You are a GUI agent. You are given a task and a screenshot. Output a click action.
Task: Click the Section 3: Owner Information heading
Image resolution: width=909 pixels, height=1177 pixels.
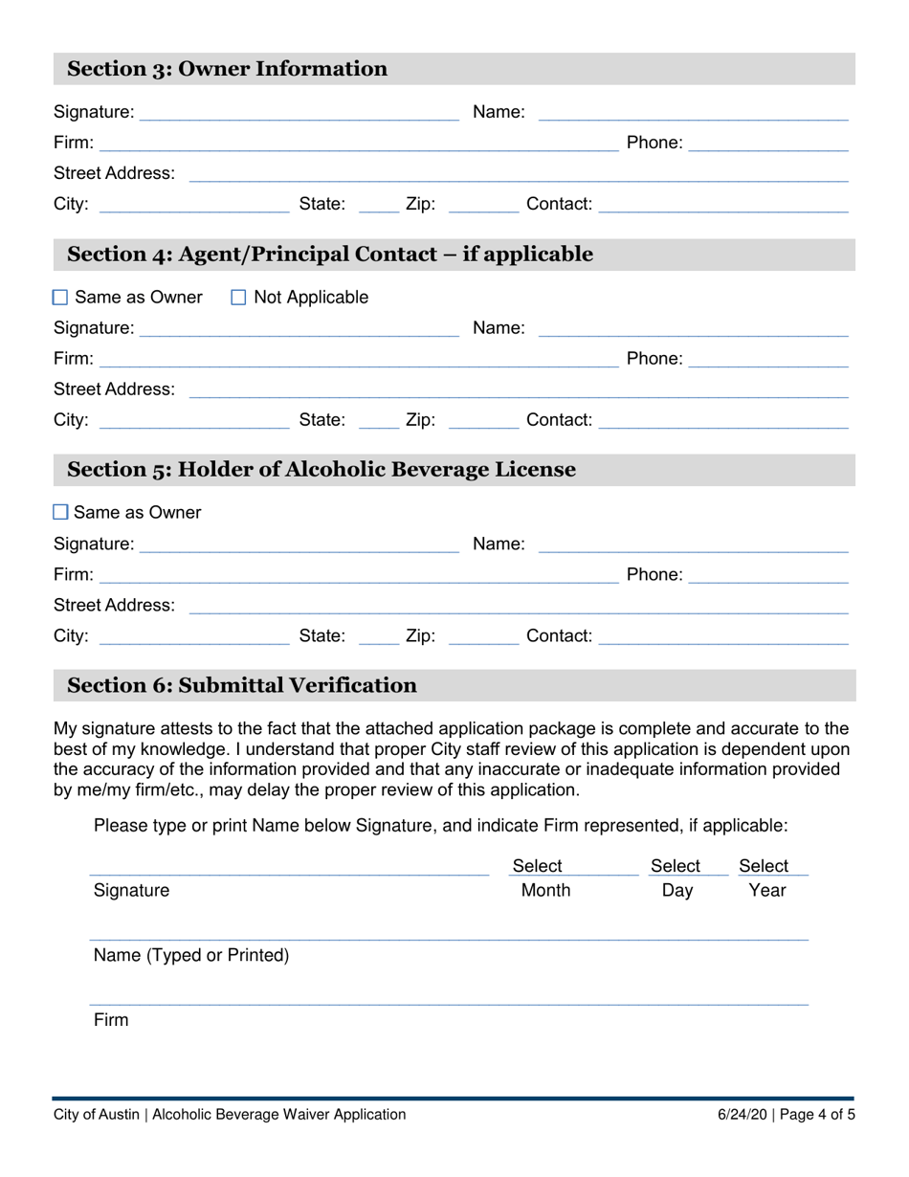coord(228,69)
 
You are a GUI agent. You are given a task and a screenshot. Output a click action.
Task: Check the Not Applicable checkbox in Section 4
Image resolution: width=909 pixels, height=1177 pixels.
coord(239,299)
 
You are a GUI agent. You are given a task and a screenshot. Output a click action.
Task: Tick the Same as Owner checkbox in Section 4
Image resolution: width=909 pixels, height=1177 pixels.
coord(60,299)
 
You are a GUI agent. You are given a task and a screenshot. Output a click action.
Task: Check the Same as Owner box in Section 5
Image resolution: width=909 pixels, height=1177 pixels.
coord(60,513)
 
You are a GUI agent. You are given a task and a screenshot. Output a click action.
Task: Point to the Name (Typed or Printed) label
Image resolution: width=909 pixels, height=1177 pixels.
coord(191,955)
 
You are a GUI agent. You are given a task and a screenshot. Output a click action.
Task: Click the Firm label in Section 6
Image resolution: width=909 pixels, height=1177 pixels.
coord(111,1020)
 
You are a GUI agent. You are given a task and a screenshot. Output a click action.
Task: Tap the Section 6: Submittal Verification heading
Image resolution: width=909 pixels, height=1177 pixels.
coord(242,685)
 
